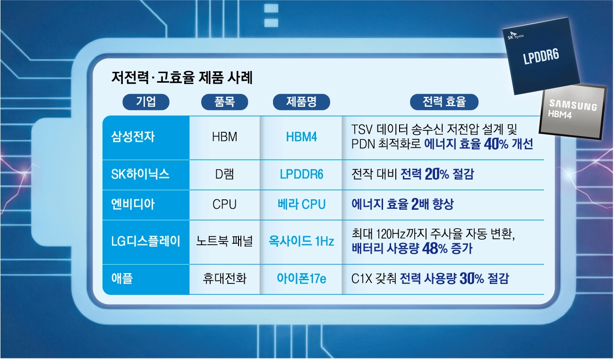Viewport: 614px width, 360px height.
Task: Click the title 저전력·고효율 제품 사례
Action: pyautogui.click(x=182, y=77)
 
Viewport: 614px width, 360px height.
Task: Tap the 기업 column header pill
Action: pyautogui.click(x=146, y=102)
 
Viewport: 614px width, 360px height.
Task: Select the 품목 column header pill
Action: pyautogui.click(x=224, y=102)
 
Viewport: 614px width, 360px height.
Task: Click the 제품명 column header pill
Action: pyautogui.click(x=301, y=102)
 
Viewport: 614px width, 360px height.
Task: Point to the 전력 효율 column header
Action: pyautogui.click(x=444, y=102)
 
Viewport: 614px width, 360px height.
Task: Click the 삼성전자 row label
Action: pyautogui.click(x=133, y=137)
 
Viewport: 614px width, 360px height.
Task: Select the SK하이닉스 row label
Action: pyautogui.click(x=140, y=174)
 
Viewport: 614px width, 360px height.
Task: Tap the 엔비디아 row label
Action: pyautogui.click(x=133, y=204)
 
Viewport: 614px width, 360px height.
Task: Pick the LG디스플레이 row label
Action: pyautogui.click(x=145, y=241)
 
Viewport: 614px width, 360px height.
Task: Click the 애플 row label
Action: pyautogui.click(x=122, y=278)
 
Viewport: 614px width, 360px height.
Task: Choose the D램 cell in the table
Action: pyautogui.click(x=224, y=174)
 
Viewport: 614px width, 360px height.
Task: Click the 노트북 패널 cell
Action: pyautogui.click(x=224, y=241)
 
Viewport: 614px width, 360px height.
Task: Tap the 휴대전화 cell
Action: pyautogui.click(x=224, y=278)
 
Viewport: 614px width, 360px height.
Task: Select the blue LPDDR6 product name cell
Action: pyautogui.click(x=301, y=174)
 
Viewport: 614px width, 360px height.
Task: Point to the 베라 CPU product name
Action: pyautogui.click(x=301, y=204)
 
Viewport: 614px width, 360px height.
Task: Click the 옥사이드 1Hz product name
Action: pyautogui.click(x=301, y=241)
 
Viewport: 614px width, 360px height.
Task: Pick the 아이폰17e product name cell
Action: pyautogui.click(x=301, y=279)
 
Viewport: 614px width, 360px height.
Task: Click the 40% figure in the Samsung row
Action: pyautogui.click(x=496, y=144)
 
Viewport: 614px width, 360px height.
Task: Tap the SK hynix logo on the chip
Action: pyautogui.click(x=515, y=35)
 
